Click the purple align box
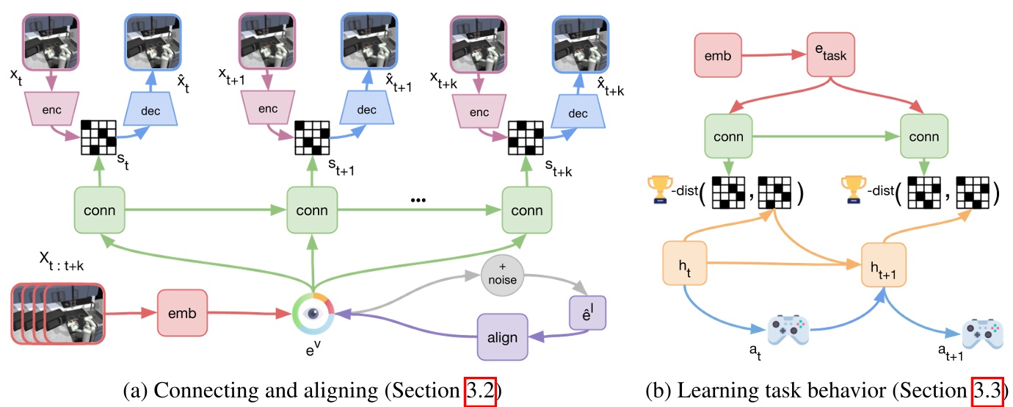(502, 337)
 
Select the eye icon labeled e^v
(313, 314)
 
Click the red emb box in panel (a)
(183, 314)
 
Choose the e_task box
(833, 55)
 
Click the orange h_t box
(685, 262)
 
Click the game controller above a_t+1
(984, 334)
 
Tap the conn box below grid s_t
(99, 210)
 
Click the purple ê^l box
(586, 311)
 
